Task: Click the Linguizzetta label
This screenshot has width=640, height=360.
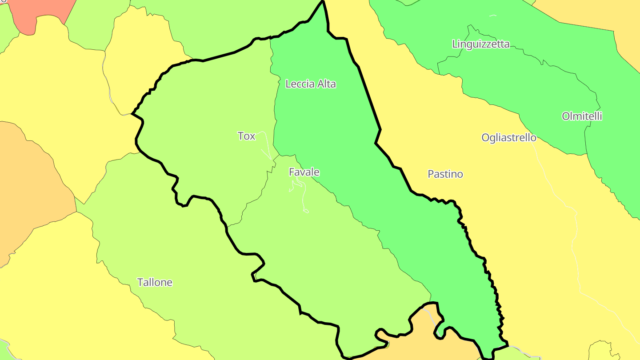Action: [480, 44]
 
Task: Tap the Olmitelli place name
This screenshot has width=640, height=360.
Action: [582, 116]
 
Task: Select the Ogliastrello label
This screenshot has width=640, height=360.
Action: [509, 138]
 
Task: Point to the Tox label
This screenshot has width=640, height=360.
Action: [246, 136]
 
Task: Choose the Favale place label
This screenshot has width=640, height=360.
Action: [304, 172]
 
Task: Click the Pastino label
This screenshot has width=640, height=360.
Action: [445, 174]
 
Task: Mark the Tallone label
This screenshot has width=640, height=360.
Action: [155, 282]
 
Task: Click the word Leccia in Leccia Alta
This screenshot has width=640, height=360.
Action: [300, 84]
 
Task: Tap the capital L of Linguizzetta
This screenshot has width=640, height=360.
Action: [455, 44]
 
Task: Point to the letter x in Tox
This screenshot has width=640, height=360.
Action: [252, 136]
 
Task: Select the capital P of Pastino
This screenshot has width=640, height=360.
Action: [431, 174]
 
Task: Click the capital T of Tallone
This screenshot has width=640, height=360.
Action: [140, 282]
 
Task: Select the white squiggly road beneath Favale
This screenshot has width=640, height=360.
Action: [304, 196]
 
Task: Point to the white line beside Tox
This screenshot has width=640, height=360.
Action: [266, 147]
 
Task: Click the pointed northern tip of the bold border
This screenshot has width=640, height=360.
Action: [323, 2]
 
